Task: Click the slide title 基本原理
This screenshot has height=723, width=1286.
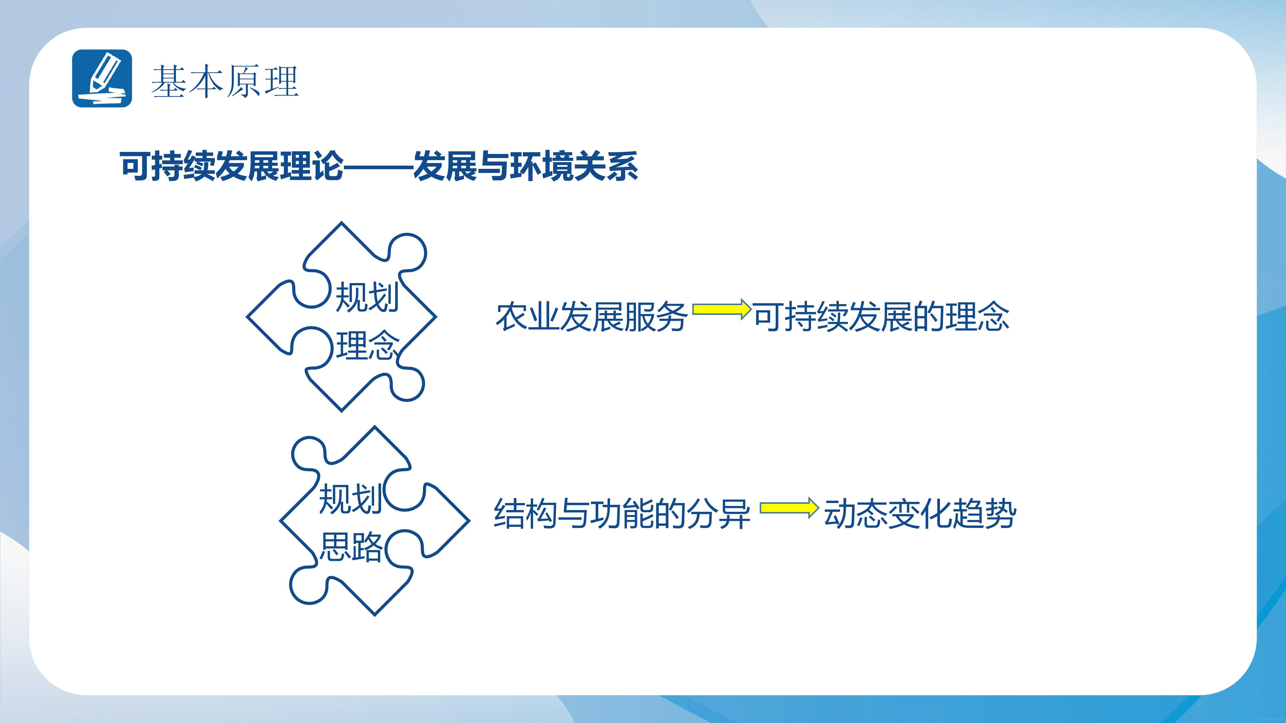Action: (225, 81)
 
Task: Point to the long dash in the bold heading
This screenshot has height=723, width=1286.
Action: (378, 167)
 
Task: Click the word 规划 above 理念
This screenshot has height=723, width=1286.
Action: (367, 297)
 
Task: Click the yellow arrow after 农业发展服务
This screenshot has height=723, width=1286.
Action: (721, 309)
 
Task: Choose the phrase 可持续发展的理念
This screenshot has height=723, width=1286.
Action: (881, 316)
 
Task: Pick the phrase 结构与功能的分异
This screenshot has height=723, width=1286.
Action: (622, 514)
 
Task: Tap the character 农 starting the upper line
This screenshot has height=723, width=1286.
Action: (511, 316)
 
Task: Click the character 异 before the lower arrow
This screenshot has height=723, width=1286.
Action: (734, 514)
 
